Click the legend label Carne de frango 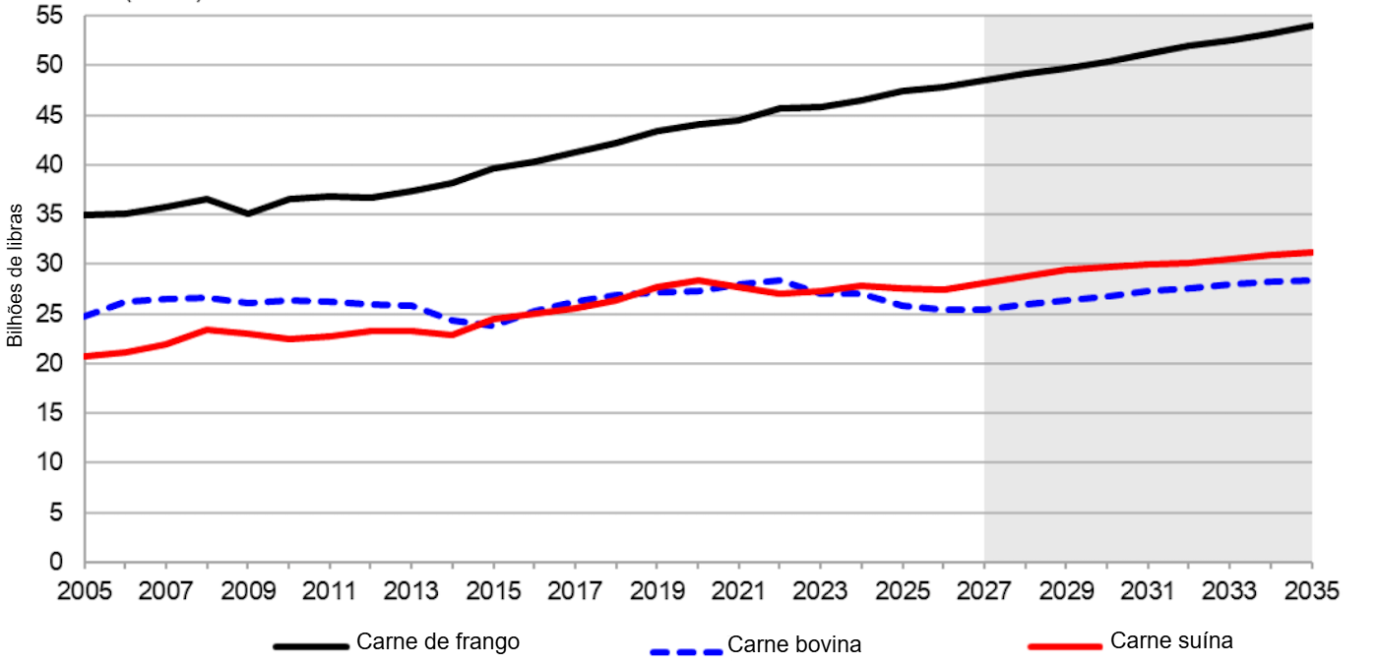tap(437, 642)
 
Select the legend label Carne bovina tap(793, 645)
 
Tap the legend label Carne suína tap(1171, 641)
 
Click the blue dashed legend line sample tap(686, 650)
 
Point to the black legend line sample tap(311, 646)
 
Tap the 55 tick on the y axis tap(49, 17)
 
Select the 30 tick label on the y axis tap(49, 265)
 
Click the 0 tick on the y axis tap(56, 563)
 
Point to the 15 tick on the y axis tap(49, 413)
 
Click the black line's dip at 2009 tap(248, 213)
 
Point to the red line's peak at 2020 tap(698, 280)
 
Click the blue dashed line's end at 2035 tap(1311, 280)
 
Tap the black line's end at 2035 tap(1311, 25)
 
